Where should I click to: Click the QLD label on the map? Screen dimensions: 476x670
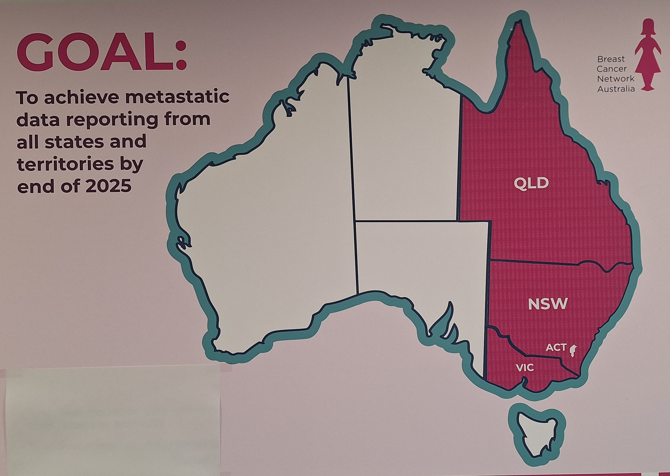pos(531,184)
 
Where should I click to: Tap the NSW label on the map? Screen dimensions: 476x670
pos(547,304)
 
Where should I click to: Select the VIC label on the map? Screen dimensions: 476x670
pos(525,367)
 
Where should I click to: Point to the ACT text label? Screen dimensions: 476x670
pos(556,348)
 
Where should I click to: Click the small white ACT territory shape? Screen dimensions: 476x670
pos(572,351)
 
